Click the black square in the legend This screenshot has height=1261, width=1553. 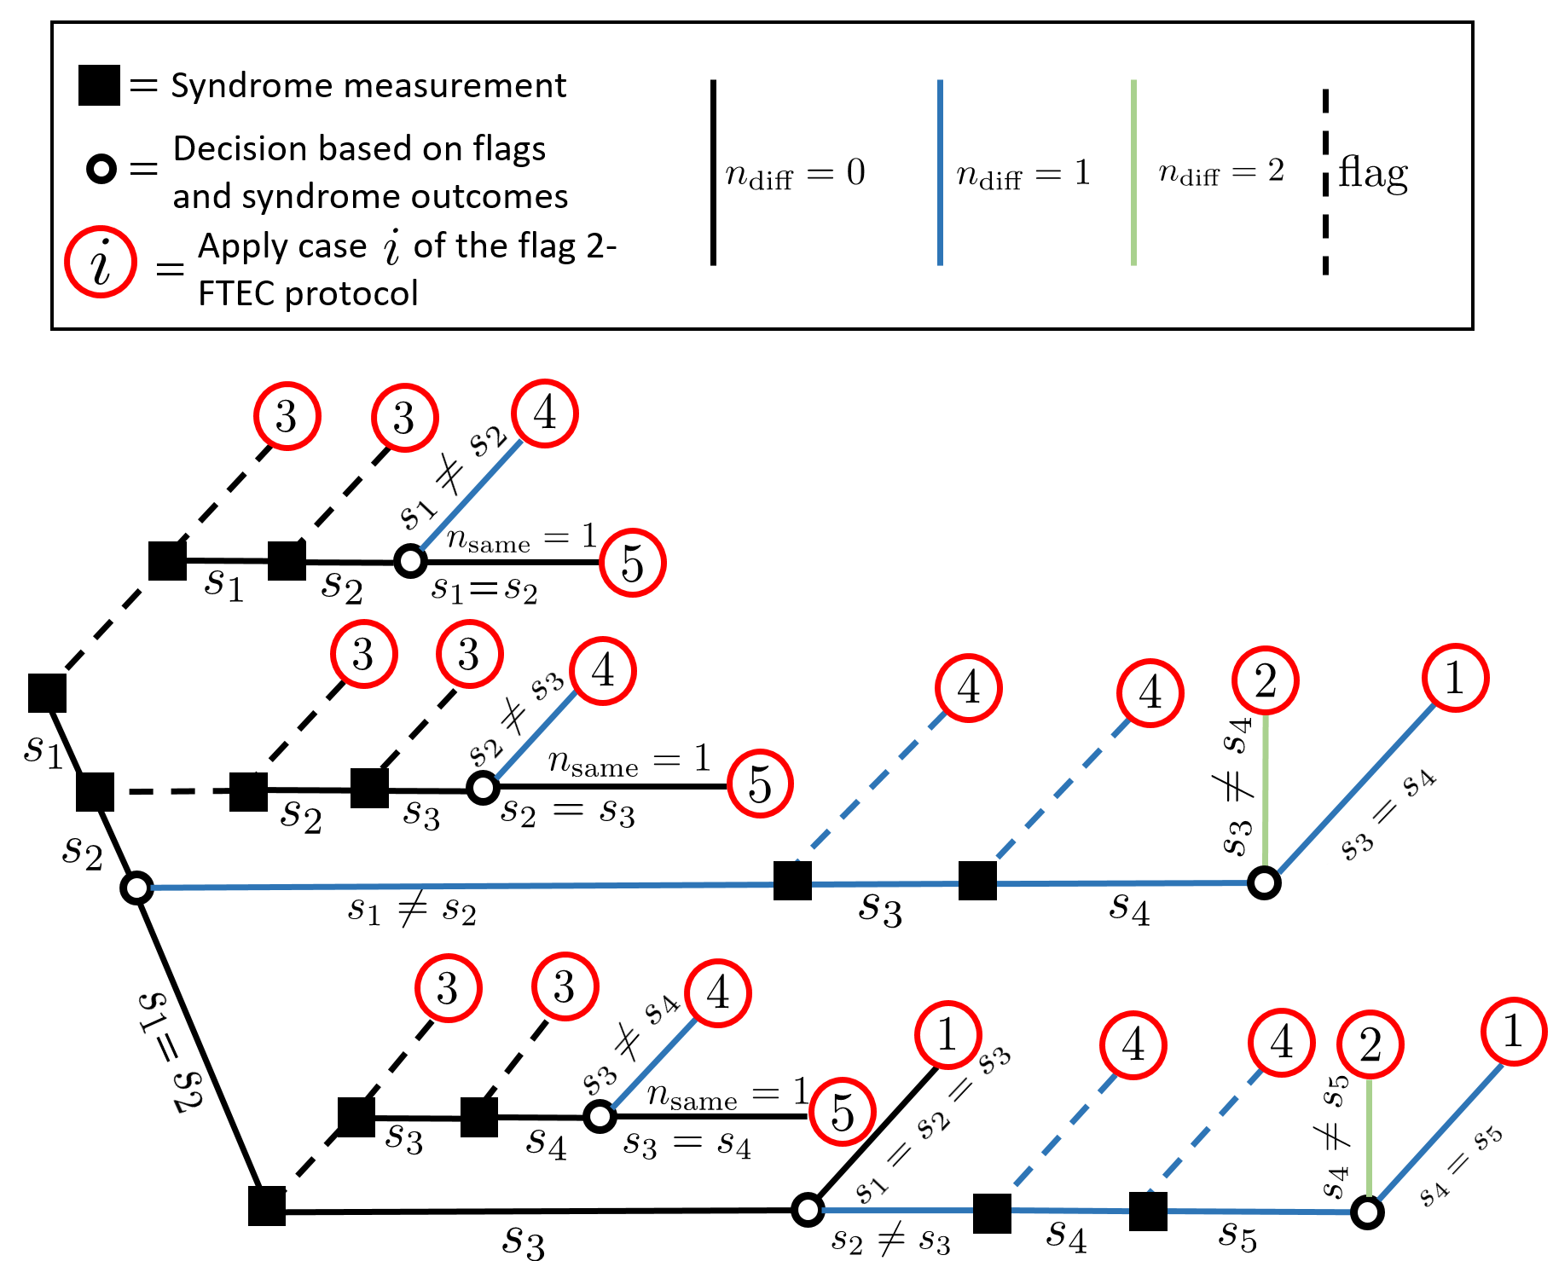pyautogui.click(x=99, y=85)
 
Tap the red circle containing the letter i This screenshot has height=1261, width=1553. pyautogui.click(x=101, y=263)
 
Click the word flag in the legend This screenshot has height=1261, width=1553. pyautogui.click(x=1373, y=175)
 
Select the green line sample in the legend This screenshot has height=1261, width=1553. pyautogui.click(x=1133, y=172)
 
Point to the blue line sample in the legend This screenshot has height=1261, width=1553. pyautogui.click(x=940, y=172)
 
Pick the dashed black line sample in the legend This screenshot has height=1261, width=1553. pyautogui.click(x=1325, y=182)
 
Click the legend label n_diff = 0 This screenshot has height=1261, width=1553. pyautogui.click(x=795, y=174)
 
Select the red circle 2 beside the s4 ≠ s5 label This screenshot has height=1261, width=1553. pyautogui.click(x=1370, y=1044)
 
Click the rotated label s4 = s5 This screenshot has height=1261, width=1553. pyautogui.click(x=1461, y=1166)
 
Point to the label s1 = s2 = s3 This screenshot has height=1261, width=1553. pyautogui.click(x=933, y=1124)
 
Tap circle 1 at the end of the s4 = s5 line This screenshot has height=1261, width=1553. pyautogui.click(x=1514, y=1032)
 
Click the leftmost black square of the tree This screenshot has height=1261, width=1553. pyautogui.click(x=48, y=693)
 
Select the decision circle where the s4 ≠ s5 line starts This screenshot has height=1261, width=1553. pyautogui.click(x=1368, y=1212)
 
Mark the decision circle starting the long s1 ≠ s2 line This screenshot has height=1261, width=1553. pyautogui.click(x=136, y=888)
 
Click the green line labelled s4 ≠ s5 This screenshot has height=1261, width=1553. pyautogui.click(x=1369, y=1137)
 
